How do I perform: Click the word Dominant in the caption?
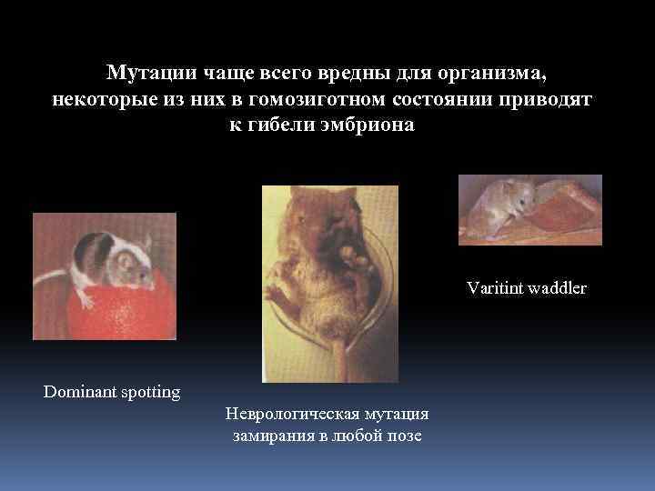tap(80, 393)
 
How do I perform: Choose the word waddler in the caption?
tap(559, 288)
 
